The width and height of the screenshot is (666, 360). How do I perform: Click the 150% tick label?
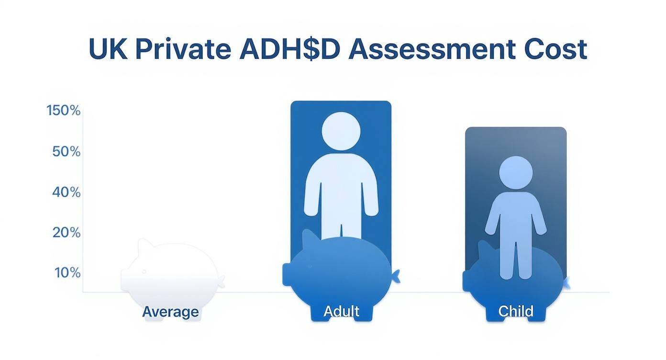pos(64,111)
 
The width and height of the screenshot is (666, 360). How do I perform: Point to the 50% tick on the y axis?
pos(66,152)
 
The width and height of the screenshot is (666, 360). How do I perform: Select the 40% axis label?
pos(66,192)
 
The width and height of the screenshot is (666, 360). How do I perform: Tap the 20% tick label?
pos(66,233)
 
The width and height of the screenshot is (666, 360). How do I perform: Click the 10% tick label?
pos(67,273)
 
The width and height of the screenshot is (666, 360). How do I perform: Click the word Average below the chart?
pos(170,312)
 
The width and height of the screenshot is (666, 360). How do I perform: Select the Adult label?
pos(341,312)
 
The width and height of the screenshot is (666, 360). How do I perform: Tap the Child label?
pos(515,312)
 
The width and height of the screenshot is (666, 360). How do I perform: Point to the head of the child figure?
pos(515,173)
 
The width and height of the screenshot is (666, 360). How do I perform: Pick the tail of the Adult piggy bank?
pos(396,276)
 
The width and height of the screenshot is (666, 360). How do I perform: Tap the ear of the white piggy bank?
pos(145,247)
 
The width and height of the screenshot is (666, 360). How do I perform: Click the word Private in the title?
pos(183,49)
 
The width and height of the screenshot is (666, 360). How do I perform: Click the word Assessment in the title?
pos(432,49)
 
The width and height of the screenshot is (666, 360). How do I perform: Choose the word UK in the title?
pos(108,49)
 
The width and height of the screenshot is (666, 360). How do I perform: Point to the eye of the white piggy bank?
pos(144,271)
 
